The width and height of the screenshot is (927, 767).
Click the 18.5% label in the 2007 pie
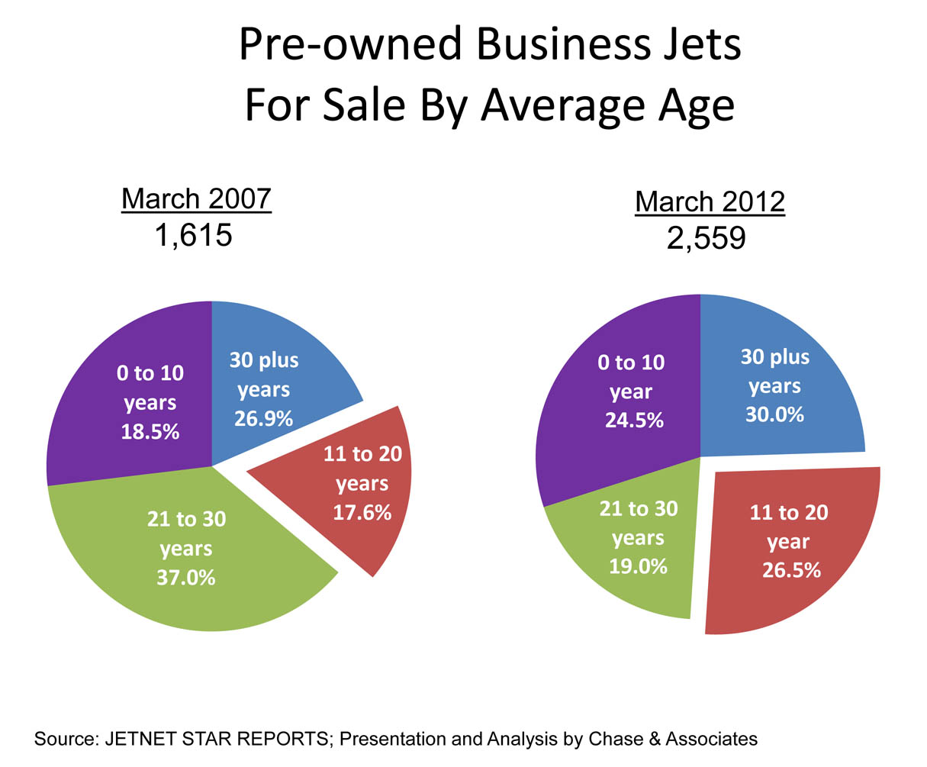150,431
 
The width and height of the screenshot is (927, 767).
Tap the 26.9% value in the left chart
264,418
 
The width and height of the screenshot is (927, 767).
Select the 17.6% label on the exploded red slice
362,512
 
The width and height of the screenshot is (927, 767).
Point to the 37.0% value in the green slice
186,578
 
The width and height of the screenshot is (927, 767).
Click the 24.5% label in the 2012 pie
634,420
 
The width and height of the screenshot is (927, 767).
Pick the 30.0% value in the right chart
774,414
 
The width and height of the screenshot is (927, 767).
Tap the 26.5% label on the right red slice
791,570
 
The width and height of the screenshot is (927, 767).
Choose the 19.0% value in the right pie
638,566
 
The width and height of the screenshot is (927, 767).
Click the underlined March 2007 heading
196,199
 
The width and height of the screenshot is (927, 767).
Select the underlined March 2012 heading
710,202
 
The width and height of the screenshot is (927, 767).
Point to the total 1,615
193,236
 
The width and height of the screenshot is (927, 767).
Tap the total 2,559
706,239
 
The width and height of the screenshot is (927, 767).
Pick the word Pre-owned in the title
351,45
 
